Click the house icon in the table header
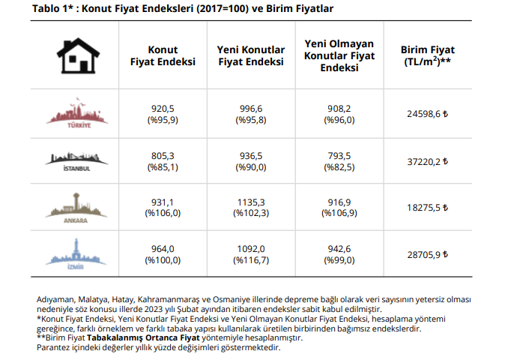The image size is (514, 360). pyautogui.click(x=77, y=55)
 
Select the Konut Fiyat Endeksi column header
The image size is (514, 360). pyautogui.click(x=163, y=55)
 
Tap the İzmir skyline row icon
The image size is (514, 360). pyautogui.click(x=78, y=253)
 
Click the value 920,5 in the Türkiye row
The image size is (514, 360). pyautogui.click(x=163, y=109)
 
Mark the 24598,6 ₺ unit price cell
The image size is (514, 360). pyautogui.click(x=424, y=115)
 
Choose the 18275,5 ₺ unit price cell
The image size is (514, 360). pyautogui.click(x=424, y=208)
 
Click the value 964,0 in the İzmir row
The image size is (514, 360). pyautogui.click(x=163, y=249)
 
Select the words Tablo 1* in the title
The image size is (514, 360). pyautogui.click(x=55, y=9)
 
